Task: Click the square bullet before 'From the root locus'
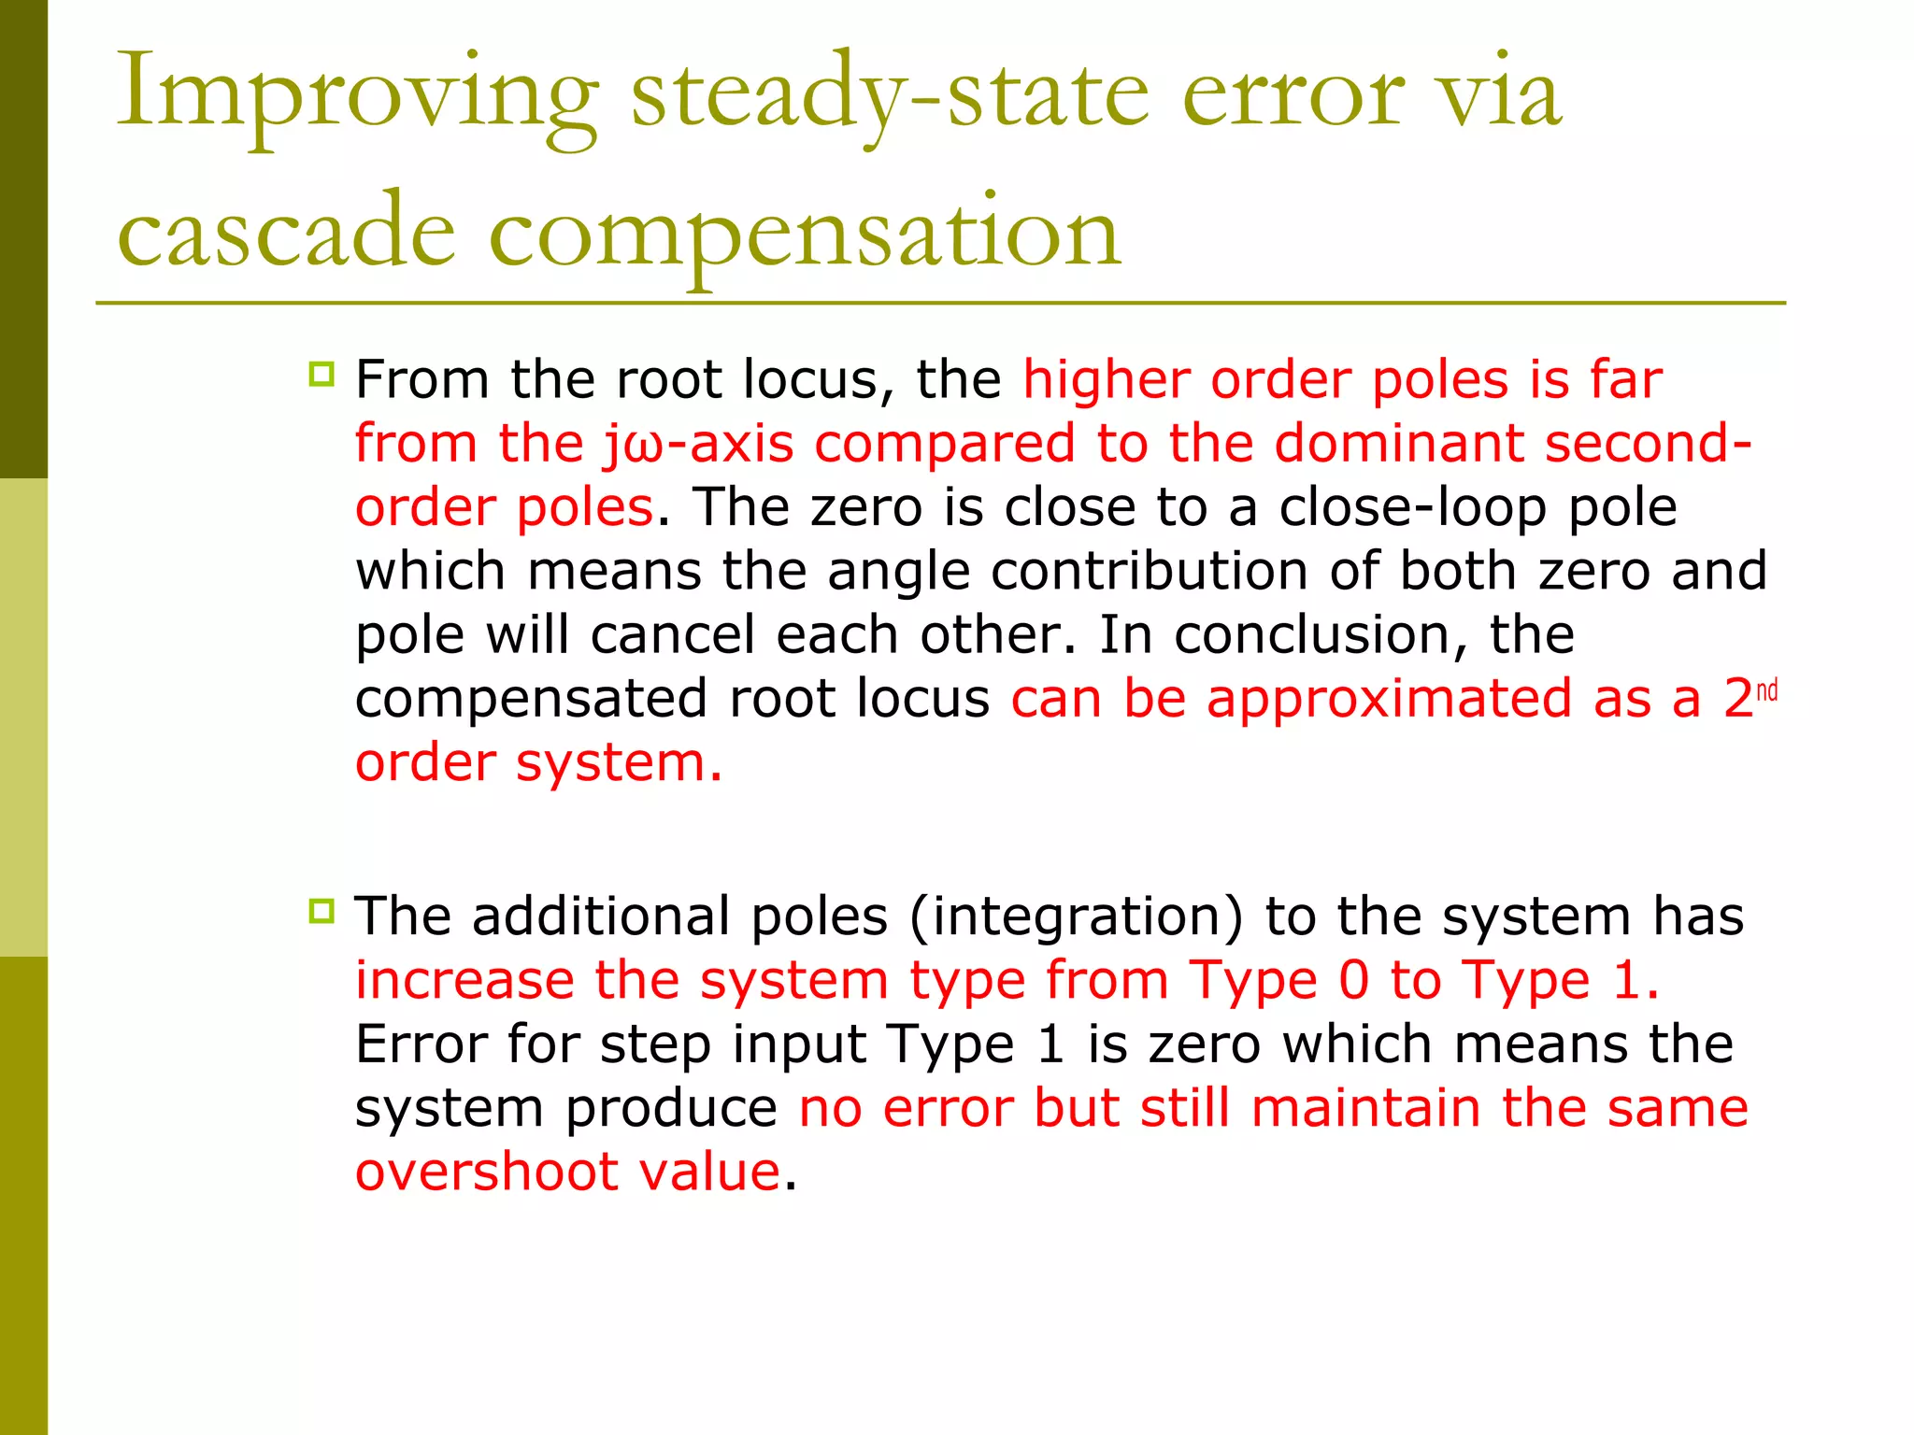(x=321, y=376)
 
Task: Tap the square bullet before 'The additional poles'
(x=321, y=911)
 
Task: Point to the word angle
(x=898, y=572)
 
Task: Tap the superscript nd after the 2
(x=1766, y=690)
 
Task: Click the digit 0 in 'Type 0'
(x=1354, y=981)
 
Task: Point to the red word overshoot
(x=486, y=1172)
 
